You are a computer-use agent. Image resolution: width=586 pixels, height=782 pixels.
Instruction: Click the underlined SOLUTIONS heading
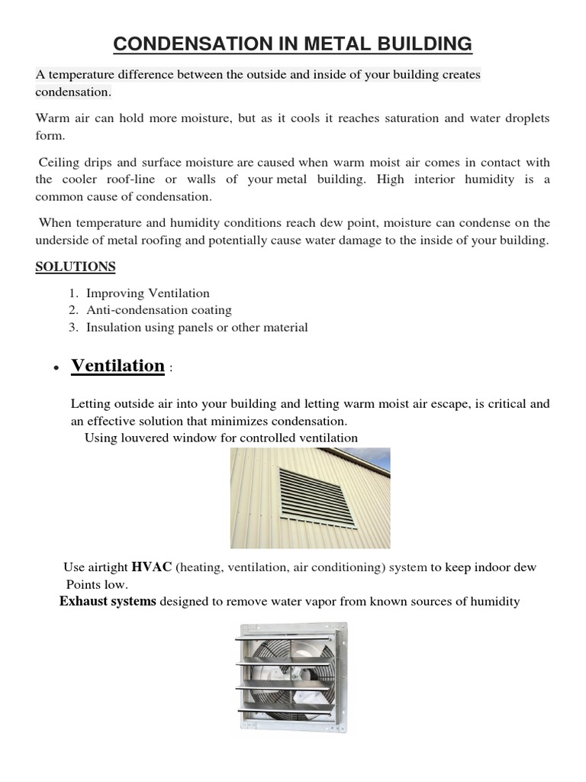[76, 267]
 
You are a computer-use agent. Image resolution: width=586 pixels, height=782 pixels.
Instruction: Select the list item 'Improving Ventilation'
[147, 293]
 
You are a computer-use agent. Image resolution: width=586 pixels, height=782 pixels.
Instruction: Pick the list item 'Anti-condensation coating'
[159, 310]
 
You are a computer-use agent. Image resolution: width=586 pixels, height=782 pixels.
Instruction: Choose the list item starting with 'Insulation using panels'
[197, 327]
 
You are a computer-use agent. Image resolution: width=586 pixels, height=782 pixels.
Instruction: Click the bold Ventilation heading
[118, 366]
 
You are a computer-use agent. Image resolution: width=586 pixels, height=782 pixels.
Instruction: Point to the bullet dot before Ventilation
[56, 369]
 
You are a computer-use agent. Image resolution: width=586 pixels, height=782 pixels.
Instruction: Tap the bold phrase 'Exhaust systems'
[108, 601]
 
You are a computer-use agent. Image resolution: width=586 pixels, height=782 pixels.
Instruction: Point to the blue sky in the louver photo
[378, 457]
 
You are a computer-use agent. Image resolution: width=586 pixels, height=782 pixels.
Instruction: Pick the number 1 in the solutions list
[72, 293]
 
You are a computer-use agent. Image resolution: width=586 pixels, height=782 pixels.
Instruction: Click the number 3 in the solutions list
[72, 327]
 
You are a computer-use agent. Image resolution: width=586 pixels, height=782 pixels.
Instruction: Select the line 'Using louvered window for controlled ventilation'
[221, 438]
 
